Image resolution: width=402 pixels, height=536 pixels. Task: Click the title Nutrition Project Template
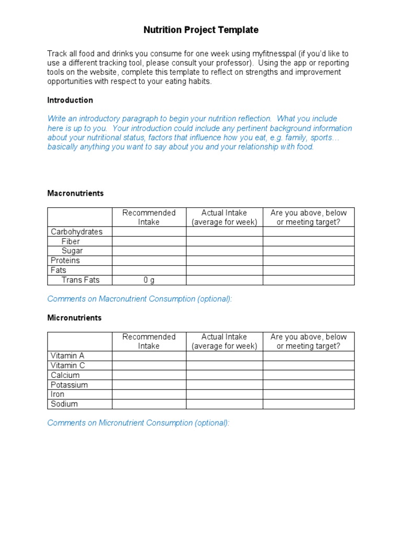[x=201, y=30]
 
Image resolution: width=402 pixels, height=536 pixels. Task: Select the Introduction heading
[x=70, y=100]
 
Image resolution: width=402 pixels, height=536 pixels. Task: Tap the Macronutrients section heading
[x=75, y=193]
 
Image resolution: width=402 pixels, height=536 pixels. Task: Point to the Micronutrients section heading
[x=74, y=318]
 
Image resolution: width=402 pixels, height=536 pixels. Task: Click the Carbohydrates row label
[x=76, y=232]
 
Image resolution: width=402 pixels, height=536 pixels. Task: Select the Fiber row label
[x=71, y=241]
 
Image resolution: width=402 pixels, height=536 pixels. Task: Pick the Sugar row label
[x=72, y=251]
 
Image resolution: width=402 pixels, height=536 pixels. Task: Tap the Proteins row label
[x=65, y=261]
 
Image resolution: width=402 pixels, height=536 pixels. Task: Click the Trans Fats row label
[x=80, y=280]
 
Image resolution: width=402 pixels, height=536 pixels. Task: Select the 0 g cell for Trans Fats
[x=149, y=280]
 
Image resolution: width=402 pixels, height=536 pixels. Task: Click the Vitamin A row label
[x=68, y=356]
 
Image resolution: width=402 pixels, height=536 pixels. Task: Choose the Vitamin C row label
[x=68, y=365]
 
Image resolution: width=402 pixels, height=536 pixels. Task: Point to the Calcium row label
[x=65, y=375]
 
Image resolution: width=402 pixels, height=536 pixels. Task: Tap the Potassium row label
[x=69, y=385]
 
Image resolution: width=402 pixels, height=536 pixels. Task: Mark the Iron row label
[x=58, y=394]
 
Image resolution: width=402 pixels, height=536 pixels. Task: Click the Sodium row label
[x=64, y=404]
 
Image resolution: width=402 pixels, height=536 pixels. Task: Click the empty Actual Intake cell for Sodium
[x=224, y=404]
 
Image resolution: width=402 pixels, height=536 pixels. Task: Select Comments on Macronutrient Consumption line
[x=139, y=299]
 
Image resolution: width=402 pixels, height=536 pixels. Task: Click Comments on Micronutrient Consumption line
[x=138, y=423]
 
